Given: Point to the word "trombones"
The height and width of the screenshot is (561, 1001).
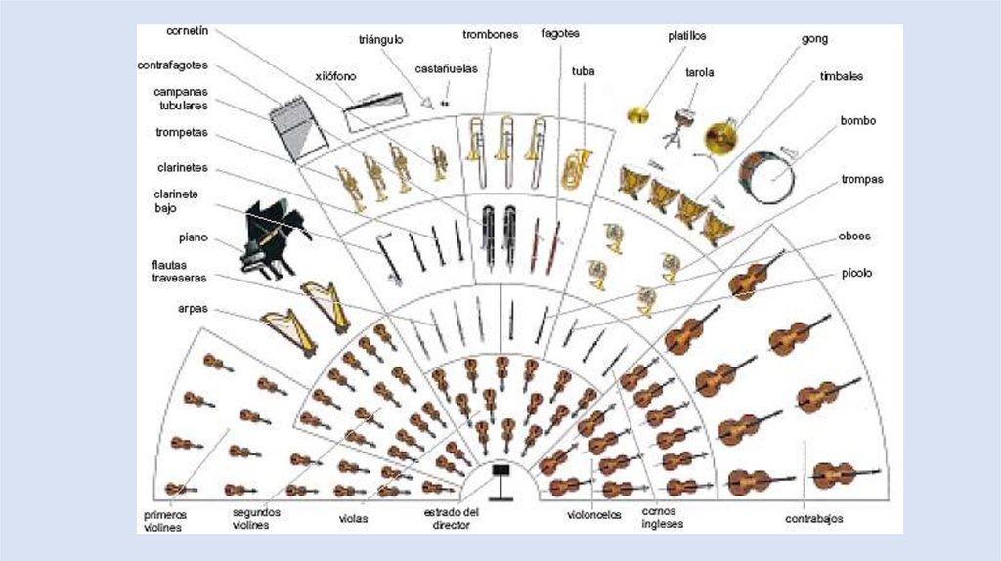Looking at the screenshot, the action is pos(491,34).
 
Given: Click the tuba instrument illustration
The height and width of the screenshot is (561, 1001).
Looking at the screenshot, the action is pos(577,168).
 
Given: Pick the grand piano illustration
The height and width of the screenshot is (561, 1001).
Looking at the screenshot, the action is pos(272,237).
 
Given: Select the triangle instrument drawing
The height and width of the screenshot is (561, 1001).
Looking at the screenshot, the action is pos(425,101).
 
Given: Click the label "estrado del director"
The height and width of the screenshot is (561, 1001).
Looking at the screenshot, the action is pos(452,518).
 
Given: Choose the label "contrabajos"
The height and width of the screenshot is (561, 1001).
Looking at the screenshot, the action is pos(813,518).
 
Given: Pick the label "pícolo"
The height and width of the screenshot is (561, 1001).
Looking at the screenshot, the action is pos(856,273).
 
